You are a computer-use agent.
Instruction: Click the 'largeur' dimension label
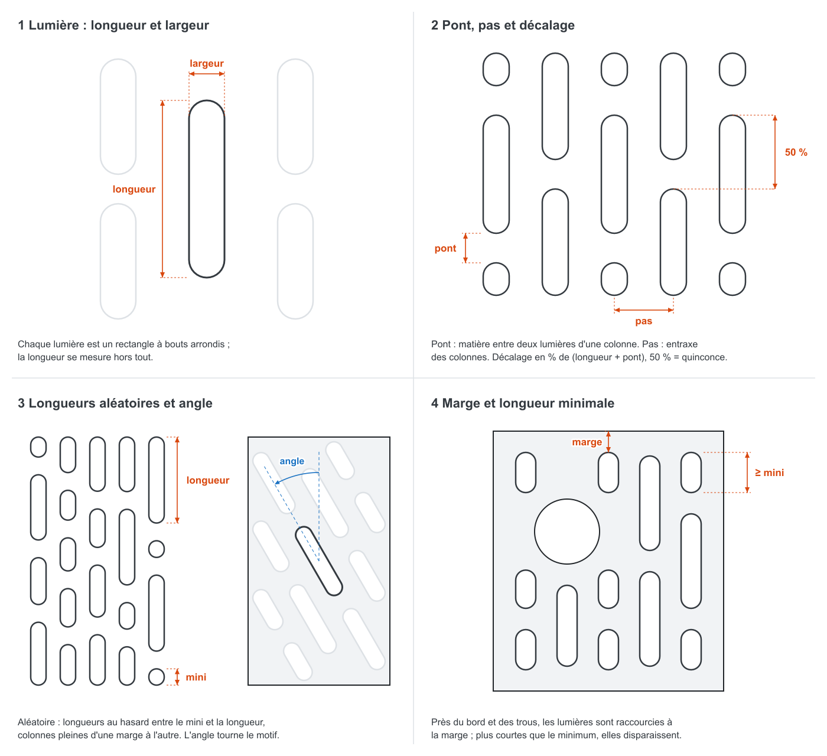point(207,63)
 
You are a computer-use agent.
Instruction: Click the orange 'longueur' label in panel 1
point(134,189)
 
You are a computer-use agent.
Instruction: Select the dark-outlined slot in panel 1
point(207,189)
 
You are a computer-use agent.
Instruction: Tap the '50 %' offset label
point(796,152)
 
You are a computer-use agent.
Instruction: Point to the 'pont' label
point(445,248)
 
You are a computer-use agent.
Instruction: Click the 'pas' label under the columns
point(643,321)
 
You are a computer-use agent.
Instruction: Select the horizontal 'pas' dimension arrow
point(643,310)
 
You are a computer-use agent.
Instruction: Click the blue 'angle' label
point(292,461)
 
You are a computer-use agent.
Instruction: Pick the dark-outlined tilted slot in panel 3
point(319,561)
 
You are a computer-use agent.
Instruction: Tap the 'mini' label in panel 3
point(196,677)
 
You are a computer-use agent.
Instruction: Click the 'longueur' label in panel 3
point(208,480)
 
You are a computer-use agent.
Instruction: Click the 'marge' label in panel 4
point(587,442)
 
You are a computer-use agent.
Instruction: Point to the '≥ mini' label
point(769,473)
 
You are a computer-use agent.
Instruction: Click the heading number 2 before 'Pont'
point(435,25)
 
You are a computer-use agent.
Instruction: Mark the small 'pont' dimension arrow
point(465,248)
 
